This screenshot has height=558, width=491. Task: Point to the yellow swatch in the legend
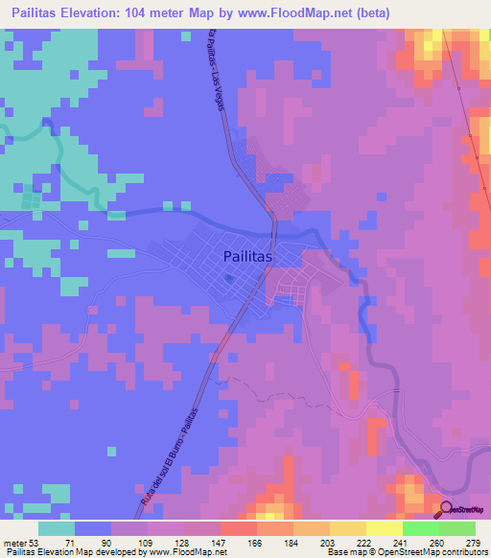[x=384, y=527]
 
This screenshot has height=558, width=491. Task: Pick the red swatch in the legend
[x=238, y=527]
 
